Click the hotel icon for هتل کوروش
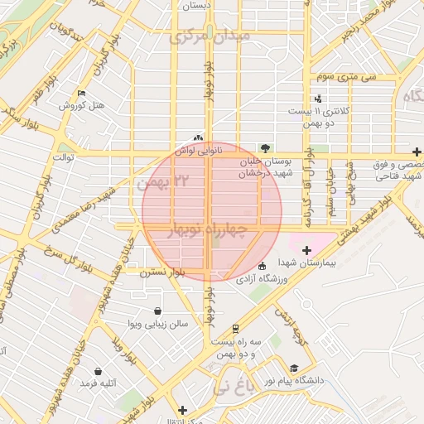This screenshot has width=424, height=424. pos(80,93)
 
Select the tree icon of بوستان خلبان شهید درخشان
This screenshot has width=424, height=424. pos(264,147)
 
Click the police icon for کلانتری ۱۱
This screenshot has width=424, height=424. pos(320,99)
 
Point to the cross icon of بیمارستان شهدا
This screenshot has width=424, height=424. pos(306,249)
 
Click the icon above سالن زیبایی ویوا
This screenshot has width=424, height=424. pos(157,311)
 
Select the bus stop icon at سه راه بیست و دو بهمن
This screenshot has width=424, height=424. pos(236,328)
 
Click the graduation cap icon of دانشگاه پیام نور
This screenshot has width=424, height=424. pos(293,368)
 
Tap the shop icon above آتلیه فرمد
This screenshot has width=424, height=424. pos(99,372)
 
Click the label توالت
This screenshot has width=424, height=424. pos(65,156)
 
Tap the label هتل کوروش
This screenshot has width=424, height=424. pos(80,106)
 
